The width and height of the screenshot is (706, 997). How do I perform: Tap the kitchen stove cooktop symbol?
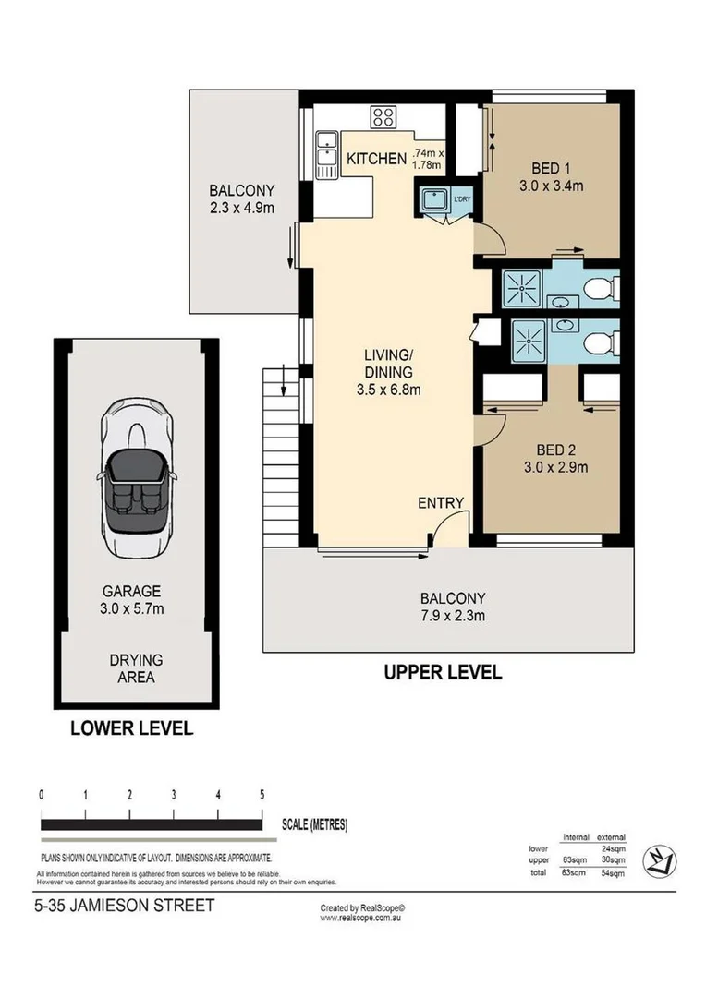(383, 117)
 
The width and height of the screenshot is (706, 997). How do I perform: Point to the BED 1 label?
(551, 168)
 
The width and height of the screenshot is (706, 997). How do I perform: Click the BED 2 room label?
(556, 450)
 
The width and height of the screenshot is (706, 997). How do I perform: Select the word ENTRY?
(441, 502)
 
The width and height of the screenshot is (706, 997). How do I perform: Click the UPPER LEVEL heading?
(443, 672)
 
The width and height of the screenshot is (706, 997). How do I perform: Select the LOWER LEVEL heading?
(132, 728)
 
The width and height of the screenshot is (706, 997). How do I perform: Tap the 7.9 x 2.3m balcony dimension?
(453, 615)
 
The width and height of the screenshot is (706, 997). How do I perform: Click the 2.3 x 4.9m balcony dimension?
(241, 208)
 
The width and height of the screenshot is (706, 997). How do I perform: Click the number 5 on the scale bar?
(262, 795)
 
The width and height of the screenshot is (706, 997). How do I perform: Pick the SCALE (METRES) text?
(315, 824)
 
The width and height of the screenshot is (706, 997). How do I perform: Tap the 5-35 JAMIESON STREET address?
(124, 905)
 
